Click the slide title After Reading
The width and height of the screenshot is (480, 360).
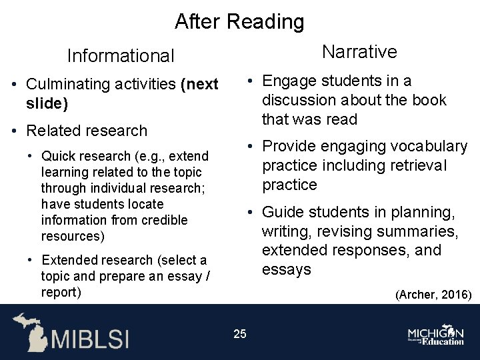pos(239,22)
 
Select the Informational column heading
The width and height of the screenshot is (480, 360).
pos(121,56)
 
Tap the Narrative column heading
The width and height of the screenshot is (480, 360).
pos(359,52)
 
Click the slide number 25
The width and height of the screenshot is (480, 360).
pos(240,333)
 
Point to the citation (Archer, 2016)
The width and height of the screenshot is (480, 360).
pos(433,294)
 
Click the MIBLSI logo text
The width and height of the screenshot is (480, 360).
pos(90,338)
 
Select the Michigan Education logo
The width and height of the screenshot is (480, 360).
pos(436,335)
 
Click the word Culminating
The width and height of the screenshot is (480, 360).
pos(67,85)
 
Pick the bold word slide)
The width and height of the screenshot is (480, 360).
pos(47,104)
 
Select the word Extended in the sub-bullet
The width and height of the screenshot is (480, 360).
pos(69,261)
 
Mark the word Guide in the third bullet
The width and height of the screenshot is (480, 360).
pos(281,213)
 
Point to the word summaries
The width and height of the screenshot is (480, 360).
pos(424,231)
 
